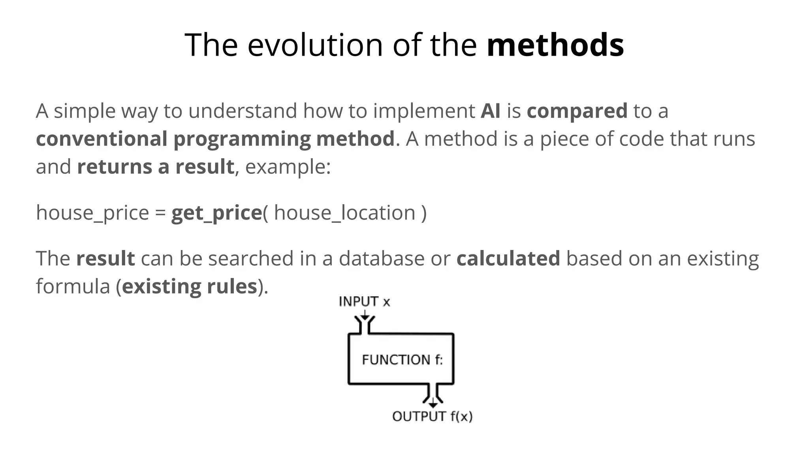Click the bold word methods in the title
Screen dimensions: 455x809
555,45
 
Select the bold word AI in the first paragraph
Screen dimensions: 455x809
490,111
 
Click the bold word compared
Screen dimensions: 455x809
577,111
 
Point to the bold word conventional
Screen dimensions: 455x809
102,139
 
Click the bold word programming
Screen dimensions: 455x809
242,139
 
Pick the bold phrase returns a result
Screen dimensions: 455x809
156,167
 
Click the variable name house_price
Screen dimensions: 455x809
92,213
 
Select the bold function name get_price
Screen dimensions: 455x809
216,213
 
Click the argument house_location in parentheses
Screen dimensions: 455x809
344,213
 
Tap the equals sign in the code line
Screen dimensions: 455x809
160,214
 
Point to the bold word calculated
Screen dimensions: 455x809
508,259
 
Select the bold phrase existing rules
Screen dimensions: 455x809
190,287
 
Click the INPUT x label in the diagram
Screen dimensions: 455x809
364,302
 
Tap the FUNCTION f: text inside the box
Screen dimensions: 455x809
402,360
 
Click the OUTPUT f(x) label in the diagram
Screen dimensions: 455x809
432,416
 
